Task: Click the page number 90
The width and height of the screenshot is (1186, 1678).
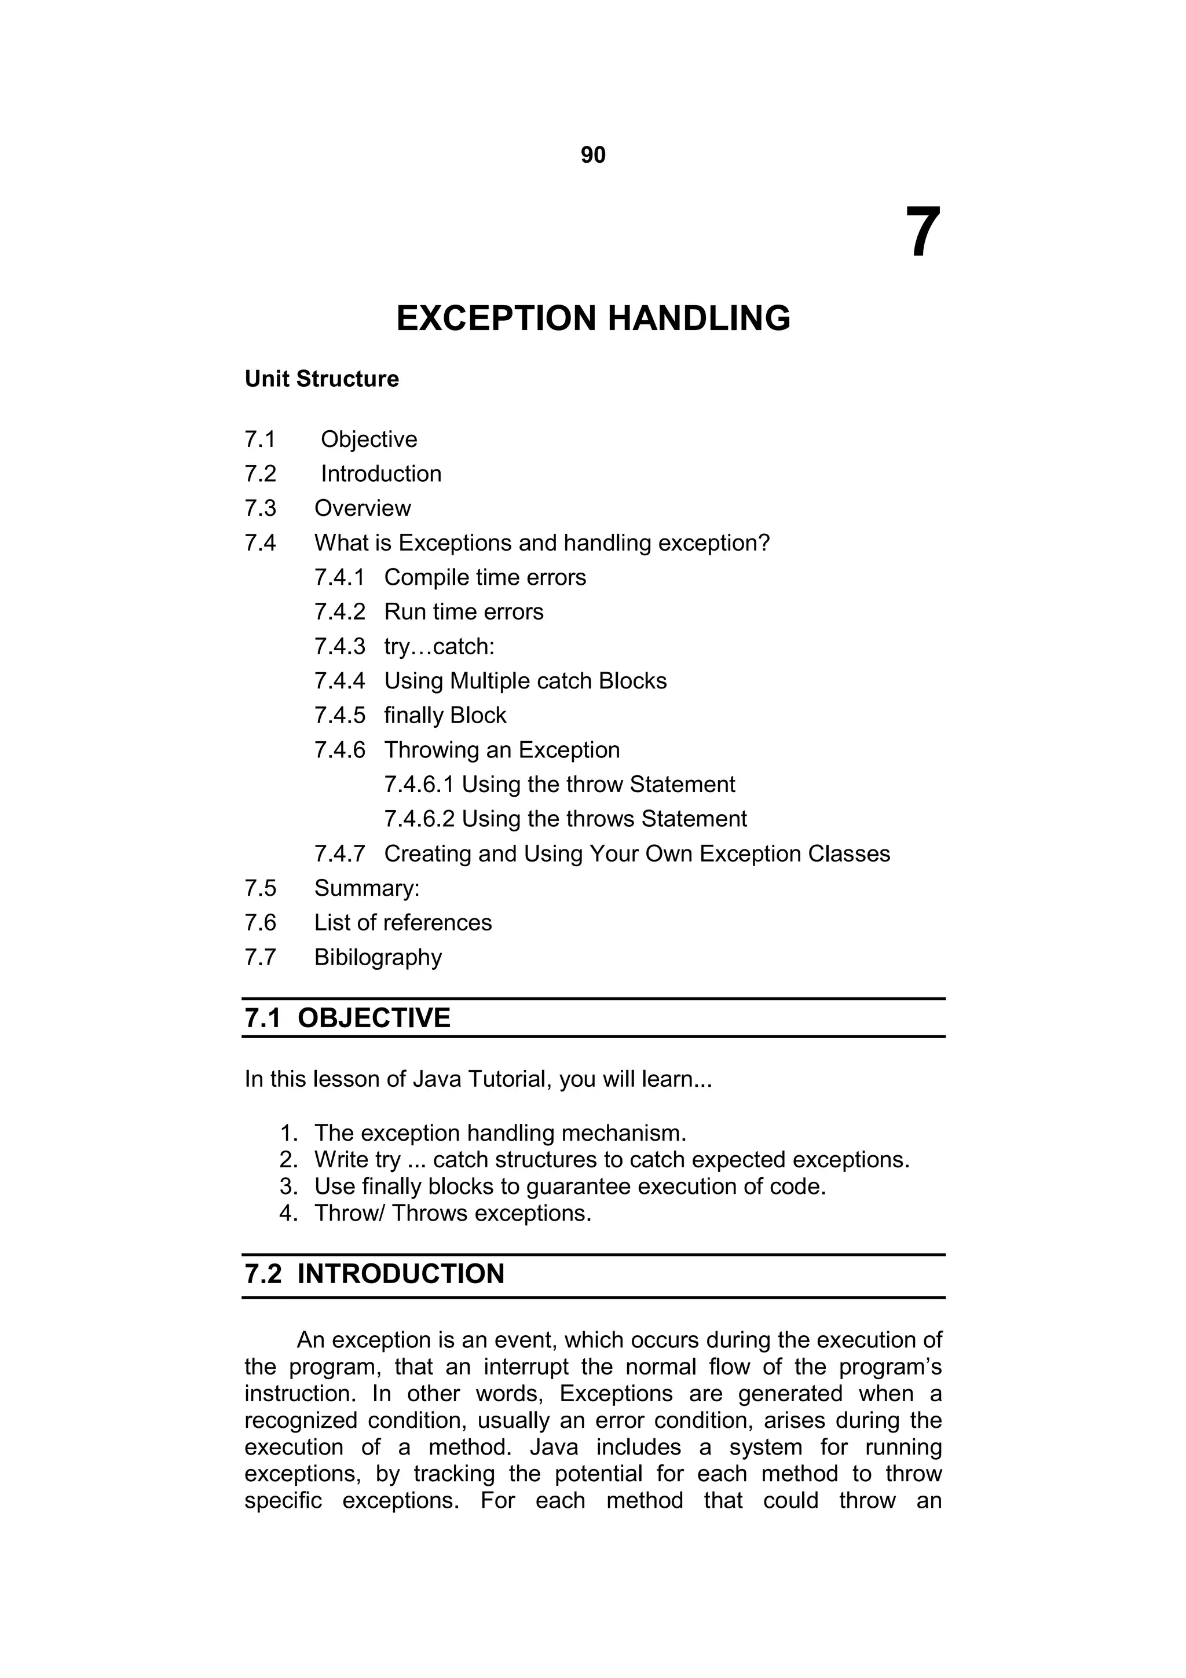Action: (x=592, y=155)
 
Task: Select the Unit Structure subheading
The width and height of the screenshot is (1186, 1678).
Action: (x=321, y=379)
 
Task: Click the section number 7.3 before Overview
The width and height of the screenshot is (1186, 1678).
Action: (x=260, y=508)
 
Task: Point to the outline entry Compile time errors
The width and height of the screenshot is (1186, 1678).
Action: (x=485, y=577)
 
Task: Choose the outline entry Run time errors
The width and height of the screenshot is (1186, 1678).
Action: (x=463, y=611)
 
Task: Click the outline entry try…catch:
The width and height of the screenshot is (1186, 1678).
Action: (x=439, y=646)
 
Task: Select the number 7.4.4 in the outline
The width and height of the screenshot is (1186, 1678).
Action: (x=339, y=680)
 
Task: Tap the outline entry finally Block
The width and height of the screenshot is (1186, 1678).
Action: (x=445, y=715)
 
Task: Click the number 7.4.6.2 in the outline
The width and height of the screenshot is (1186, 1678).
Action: (x=419, y=819)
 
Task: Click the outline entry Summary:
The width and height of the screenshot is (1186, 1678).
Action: (x=367, y=888)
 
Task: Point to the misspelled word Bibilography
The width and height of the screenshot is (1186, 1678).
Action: (x=378, y=957)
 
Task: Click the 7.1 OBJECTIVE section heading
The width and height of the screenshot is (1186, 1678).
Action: (x=348, y=1018)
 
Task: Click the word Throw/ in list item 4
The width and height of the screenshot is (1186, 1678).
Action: (x=349, y=1213)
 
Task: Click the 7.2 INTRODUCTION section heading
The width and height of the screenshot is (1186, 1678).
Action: (x=374, y=1274)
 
